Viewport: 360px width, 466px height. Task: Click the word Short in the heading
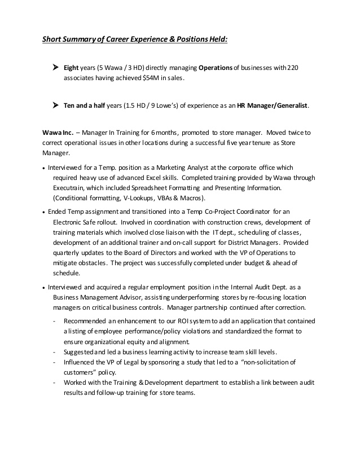tap(55, 39)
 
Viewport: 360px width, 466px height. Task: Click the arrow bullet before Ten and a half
tap(55, 105)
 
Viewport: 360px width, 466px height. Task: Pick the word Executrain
tap(72, 188)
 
